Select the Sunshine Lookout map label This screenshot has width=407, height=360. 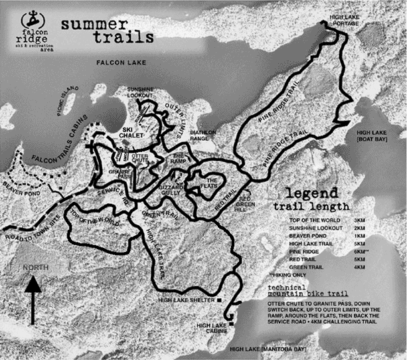pos(140,92)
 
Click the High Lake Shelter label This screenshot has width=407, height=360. pos(187,301)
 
